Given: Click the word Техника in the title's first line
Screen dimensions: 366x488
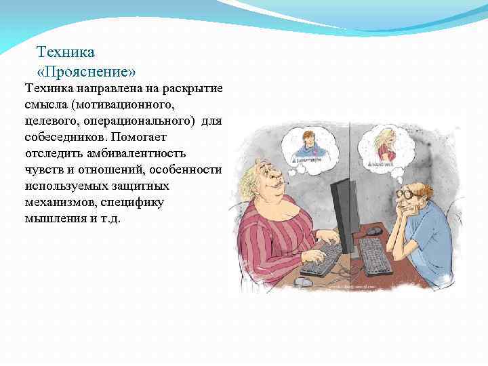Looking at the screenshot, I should [66, 52].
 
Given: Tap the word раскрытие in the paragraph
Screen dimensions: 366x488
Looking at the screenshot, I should [197, 88].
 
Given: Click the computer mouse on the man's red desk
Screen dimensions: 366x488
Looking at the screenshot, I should [374, 231].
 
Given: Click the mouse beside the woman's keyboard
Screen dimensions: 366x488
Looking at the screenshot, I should [304, 281].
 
